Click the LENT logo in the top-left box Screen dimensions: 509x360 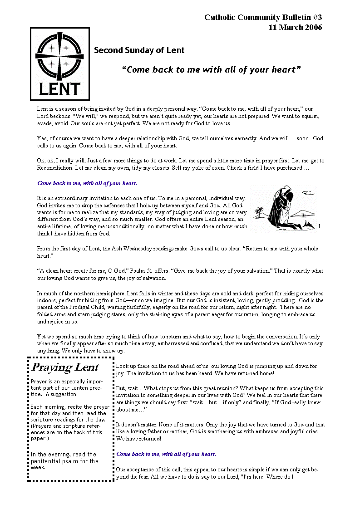point(60,64)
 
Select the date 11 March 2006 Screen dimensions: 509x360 point(295,27)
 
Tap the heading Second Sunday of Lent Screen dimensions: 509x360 point(139,50)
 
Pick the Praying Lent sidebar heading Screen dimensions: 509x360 point(65,367)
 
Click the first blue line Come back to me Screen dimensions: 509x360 point(87,183)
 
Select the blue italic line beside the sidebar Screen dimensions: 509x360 point(166,454)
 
